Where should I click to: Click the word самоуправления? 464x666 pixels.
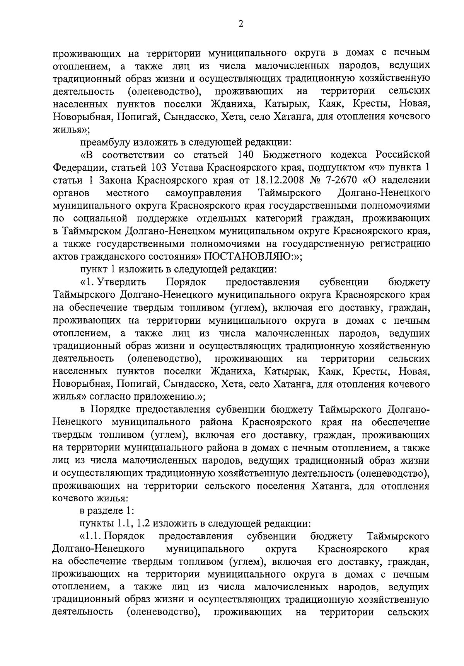(203, 193)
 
